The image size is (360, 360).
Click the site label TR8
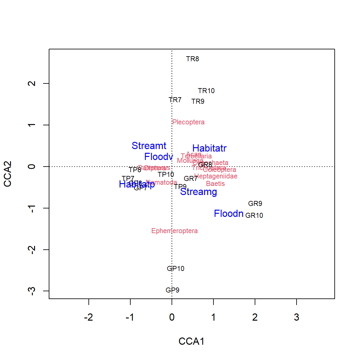[192, 59]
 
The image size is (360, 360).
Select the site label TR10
[206, 91]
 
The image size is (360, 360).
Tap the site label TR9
[198, 102]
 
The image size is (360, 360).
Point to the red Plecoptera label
[188, 122]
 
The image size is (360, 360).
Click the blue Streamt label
[149, 146]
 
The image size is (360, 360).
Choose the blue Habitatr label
[209, 148]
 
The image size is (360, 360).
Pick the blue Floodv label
[158, 157]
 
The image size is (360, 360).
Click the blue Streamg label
[198, 192]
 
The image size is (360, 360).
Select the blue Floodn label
[228, 214]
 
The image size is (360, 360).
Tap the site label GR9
[255, 204]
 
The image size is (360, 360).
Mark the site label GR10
[254, 216]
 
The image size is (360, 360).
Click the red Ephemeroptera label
[174, 231]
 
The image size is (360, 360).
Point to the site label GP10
[176, 269]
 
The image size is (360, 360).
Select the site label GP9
[172, 290]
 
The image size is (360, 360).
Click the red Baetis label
[215, 184]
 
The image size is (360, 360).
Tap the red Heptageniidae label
[216, 176]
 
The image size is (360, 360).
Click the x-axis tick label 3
[297, 317]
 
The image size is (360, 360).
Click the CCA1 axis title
[192, 341]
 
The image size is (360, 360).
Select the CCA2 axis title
[8, 174]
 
